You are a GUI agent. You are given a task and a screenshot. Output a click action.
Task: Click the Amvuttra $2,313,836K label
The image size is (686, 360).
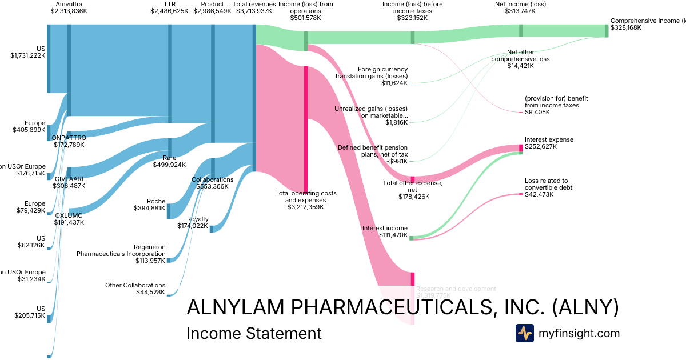69,7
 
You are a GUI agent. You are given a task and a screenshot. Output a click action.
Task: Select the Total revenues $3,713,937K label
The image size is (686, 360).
254,7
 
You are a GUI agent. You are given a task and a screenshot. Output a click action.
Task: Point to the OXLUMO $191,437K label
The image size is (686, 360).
69,219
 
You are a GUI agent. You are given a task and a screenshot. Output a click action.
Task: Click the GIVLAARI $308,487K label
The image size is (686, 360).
69,182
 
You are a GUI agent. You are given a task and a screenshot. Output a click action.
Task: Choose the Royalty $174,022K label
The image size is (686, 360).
198,222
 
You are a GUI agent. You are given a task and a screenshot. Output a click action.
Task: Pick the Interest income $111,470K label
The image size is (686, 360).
385,231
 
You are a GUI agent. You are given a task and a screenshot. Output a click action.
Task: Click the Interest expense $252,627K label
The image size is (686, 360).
549,143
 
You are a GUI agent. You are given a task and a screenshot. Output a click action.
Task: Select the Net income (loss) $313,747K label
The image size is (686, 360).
520,7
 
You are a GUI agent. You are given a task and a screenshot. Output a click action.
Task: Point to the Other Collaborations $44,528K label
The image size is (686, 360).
135,289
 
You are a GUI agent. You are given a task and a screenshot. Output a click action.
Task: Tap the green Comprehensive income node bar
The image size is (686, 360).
607,31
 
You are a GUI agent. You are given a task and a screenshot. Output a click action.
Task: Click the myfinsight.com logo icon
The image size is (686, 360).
524,333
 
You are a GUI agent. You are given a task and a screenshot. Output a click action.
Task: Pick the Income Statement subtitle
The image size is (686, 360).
254,333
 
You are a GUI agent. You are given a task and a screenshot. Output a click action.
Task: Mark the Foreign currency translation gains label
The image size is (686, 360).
372,76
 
